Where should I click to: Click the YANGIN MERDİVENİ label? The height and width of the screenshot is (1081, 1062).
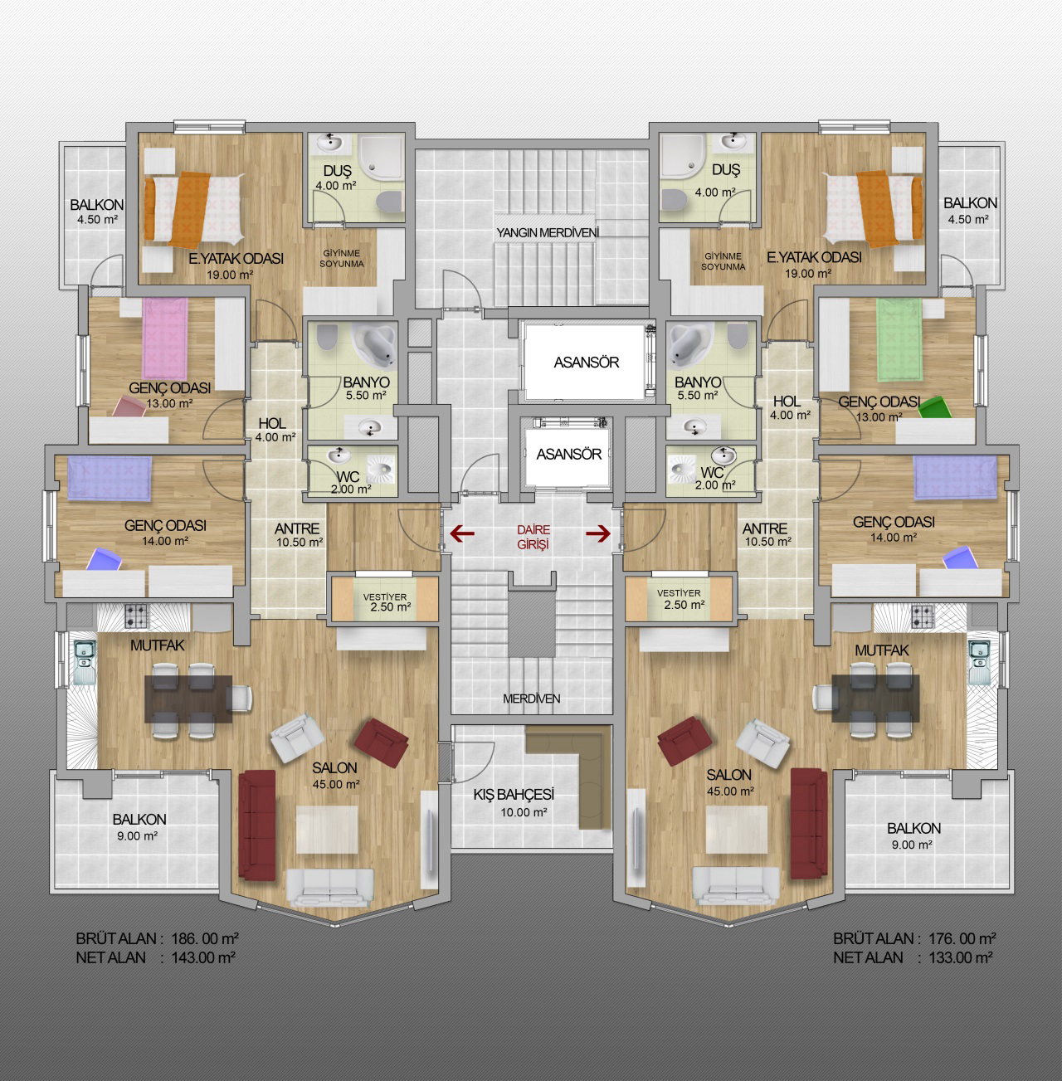tap(548, 232)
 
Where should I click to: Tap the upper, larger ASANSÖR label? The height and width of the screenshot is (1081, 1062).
tap(587, 363)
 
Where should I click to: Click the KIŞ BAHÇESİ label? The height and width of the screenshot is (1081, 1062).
tap(514, 794)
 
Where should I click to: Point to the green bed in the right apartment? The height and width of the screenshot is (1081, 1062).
tap(899, 340)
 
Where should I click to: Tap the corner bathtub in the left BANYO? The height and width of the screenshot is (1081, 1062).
tap(373, 343)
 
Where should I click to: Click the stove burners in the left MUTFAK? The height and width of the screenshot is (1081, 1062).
tap(137, 616)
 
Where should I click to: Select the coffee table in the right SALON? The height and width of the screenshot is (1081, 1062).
tap(737, 830)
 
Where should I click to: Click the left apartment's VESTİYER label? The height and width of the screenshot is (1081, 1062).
tap(385, 596)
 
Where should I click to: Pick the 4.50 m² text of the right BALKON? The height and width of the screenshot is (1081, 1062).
tap(967, 219)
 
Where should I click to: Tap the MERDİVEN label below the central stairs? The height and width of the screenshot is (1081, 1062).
tap(531, 699)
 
